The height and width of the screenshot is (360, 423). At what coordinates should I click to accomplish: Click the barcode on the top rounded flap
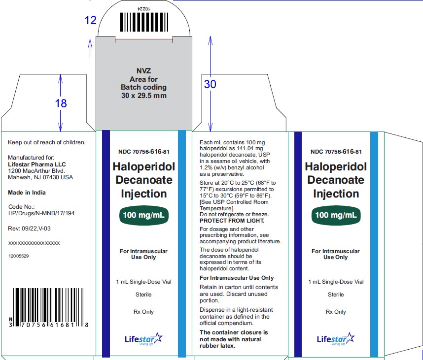[x=144, y=22]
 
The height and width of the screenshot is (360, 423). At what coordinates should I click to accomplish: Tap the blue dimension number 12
[x=90, y=20]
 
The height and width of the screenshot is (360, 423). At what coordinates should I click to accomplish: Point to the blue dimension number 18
[x=61, y=103]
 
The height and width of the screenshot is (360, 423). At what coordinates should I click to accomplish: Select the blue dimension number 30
[x=210, y=84]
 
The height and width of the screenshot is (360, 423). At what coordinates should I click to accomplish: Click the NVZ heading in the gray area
[x=144, y=71]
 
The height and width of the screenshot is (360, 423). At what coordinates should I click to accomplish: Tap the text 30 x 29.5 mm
[x=144, y=96]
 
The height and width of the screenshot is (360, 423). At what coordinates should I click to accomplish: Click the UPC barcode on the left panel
[x=48, y=307]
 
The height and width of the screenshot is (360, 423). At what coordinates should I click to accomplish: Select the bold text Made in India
[x=27, y=193]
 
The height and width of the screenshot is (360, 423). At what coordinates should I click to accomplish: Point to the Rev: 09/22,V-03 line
[x=30, y=229]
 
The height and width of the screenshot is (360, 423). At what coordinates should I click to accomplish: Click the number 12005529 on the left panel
[x=19, y=256]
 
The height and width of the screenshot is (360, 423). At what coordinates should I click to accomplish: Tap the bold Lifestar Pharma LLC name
[x=36, y=164]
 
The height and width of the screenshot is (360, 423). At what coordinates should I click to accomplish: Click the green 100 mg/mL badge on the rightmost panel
[x=336, y=215]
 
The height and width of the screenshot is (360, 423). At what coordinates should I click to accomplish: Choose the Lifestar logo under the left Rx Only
[x=144, y=339]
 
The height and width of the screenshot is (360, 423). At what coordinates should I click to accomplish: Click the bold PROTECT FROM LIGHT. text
[x=232, y=221]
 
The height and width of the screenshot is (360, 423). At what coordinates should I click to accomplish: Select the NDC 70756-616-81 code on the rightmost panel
[x=336, y=152]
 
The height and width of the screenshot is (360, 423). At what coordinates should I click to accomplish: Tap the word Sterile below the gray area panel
[x=143, y=295]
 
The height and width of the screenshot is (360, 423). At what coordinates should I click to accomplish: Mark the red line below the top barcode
[x=144, y=39]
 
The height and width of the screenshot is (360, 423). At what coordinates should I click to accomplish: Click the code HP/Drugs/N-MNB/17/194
[x=41, y=213]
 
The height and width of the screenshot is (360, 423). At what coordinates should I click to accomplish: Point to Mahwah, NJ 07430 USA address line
[x=40, y=177]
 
